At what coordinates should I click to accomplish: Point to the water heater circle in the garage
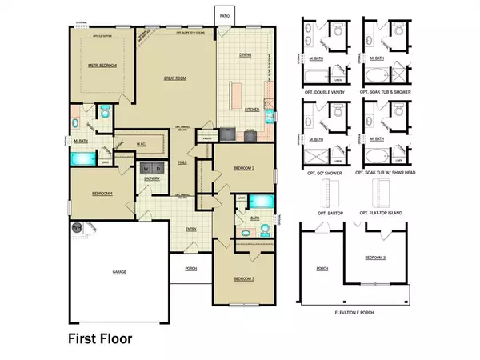pos(77,228)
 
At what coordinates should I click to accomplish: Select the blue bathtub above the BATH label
pos(261,200)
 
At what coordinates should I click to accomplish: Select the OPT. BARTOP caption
pos(322,211)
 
